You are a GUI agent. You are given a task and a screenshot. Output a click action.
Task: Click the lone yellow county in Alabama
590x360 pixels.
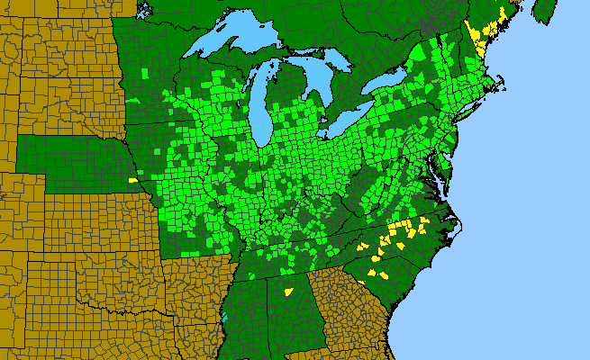[x=289, y=292]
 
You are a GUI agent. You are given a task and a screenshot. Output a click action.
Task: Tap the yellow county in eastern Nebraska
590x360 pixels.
[x=133, y=180]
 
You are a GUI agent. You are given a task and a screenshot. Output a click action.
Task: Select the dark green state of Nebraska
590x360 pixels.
[x=72, y=162]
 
